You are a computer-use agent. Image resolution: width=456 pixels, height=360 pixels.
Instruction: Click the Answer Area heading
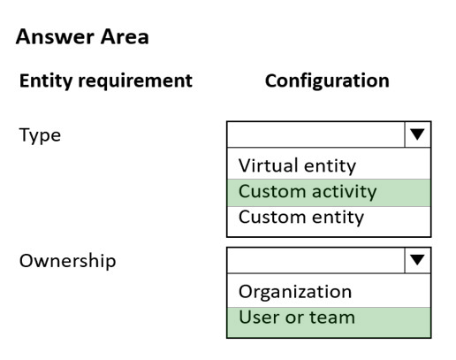(x=82, y=37)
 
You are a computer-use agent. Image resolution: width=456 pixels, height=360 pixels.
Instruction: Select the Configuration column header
(x=327, y=80)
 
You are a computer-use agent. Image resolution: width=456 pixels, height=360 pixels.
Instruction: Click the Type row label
(x=40, y=135)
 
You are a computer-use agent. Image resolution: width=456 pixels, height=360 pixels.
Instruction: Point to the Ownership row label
(x=67, y=261)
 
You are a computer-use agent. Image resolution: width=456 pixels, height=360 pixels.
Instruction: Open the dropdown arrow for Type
(x=417, y=134)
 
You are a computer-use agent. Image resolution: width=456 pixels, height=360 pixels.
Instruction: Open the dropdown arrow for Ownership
(x=417, y=260)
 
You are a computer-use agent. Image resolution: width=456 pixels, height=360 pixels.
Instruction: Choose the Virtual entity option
(x=297, y=165)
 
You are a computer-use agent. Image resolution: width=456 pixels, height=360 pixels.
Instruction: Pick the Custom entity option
(x=301, y=218)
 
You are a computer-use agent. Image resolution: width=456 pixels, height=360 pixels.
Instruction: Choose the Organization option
(x=295, y=293)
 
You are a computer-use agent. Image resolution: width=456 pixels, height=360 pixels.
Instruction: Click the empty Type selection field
(x=316, y=134)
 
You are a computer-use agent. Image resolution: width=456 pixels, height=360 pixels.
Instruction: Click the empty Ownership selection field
(x=316, y=260)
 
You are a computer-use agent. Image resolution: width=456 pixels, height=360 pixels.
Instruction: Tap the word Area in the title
(x=125, y=37)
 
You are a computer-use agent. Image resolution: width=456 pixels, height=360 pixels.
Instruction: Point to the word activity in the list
(x=344, y=193)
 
